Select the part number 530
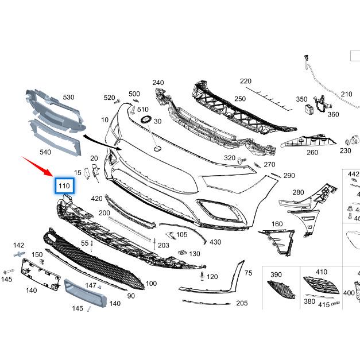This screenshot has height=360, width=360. (x=68, y=98)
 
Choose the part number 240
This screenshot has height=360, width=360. (x=158, y=83)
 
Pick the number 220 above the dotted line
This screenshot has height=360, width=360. (x=246, y=81)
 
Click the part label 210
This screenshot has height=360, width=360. (x=346, y=94)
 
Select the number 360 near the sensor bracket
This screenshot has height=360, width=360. (x=333, y=114)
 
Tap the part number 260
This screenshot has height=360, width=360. (x=312, y=153)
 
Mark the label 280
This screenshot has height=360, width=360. (x=298, y=192)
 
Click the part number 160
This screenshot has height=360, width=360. (x=277, y=224)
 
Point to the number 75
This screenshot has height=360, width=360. (x=248, y=273)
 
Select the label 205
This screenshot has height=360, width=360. (x=242, y=303)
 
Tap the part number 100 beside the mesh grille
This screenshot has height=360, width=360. (x=151, y=284)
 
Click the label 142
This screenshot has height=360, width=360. (x=19, y=245)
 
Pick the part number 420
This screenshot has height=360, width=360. (x=96, y=199)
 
